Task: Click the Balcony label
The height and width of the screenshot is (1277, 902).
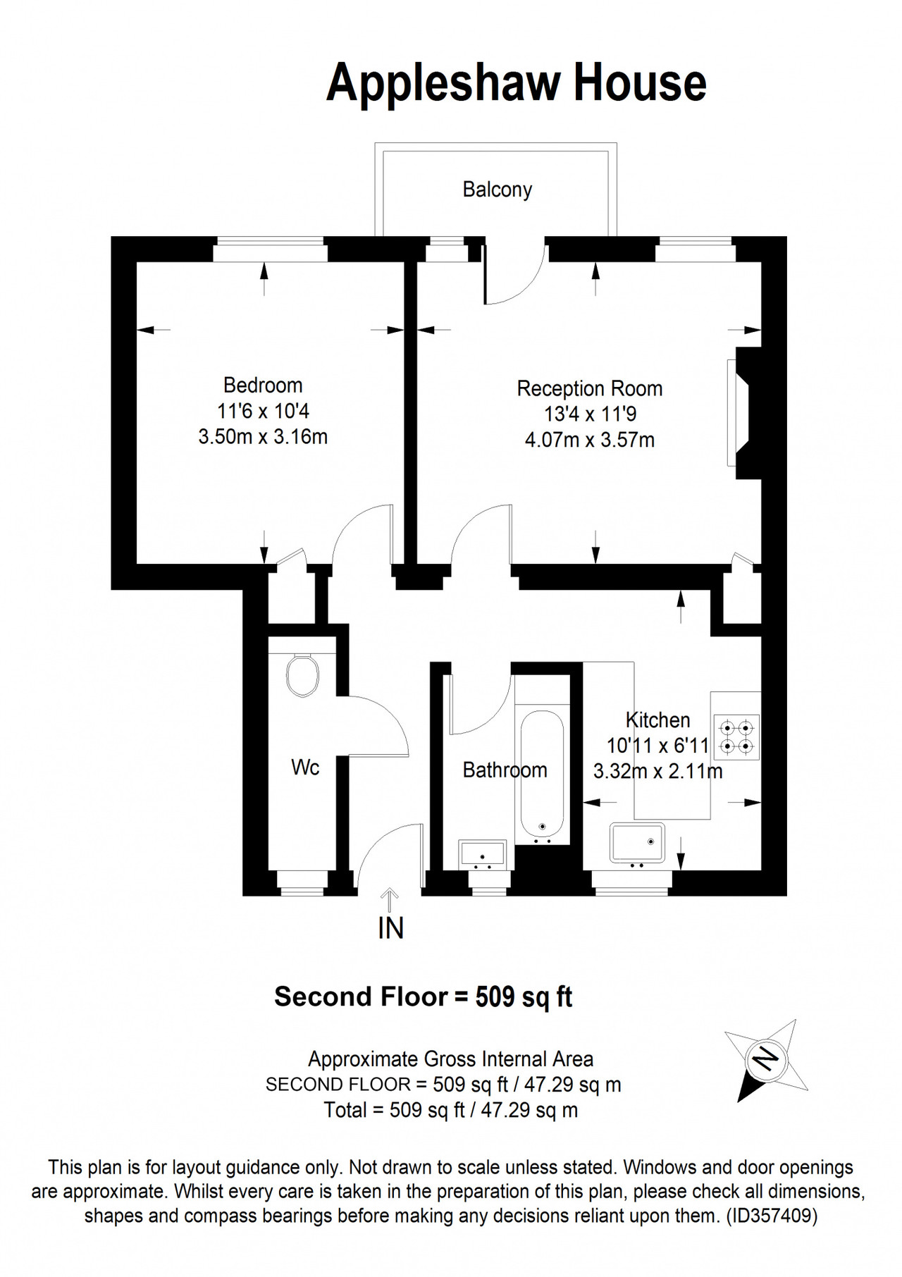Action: [497, 190]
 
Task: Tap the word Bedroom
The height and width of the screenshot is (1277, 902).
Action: [263, 385]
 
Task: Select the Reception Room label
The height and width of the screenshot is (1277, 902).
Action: [590, 388]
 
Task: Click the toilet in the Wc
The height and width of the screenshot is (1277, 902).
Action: [302, 675]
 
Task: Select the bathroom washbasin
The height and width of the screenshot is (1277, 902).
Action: [482, 853]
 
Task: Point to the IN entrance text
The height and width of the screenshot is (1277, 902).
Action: [390, 929]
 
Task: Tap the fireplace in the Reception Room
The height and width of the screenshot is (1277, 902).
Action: [744, 413]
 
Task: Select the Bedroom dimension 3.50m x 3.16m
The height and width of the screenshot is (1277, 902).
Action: [263, 437]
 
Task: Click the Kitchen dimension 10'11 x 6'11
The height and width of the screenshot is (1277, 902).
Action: [658, 746]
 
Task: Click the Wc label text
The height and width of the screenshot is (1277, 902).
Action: [305, 767]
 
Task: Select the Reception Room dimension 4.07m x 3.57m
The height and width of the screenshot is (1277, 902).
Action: [590, 440]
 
